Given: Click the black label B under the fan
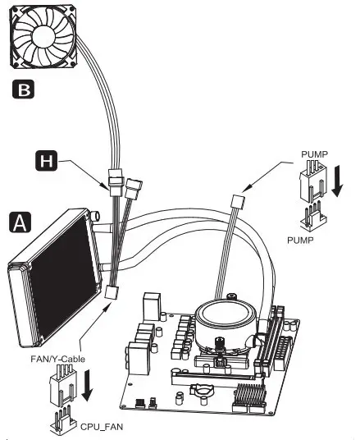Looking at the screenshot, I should pyautogui.click(x=26, y=89).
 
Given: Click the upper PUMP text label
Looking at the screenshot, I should pyautogui.click(x=316, y=153).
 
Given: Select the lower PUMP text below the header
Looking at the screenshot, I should pyautogui.click(x=305, y=241).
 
